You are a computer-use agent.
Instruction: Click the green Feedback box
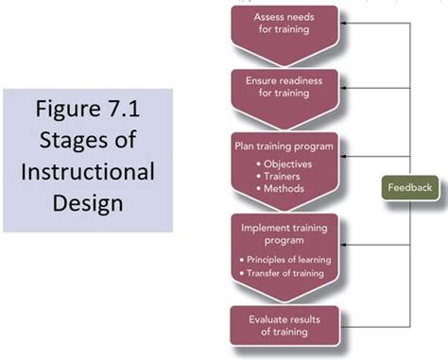(x=408, y=187)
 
